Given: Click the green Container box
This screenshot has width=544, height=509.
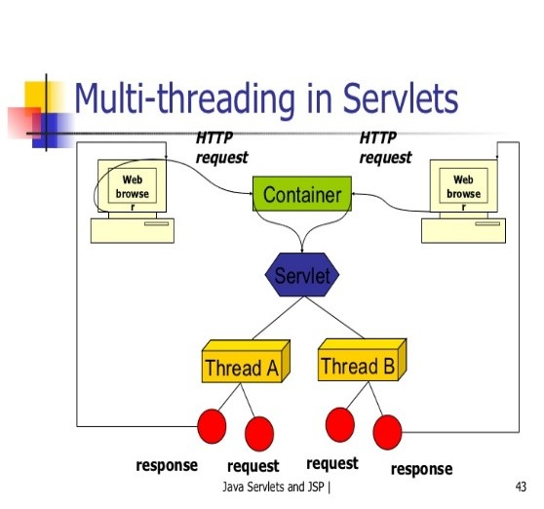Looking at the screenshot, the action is coord(302,194).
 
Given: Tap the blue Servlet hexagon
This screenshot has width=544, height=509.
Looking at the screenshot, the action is coord(302,274).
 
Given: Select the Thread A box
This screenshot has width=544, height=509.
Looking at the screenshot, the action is coord(246,361).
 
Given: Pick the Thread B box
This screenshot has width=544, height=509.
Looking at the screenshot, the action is coord(362,360).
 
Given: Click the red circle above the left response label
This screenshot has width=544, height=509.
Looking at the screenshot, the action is coord(212,426).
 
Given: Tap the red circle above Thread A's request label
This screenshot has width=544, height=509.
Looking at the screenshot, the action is coord(259,434).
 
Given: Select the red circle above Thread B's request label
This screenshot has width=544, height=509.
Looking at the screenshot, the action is coord(340,425).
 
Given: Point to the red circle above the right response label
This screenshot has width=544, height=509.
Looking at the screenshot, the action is coord(388,432).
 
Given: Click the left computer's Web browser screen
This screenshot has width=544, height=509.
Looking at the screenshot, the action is coord(133,186).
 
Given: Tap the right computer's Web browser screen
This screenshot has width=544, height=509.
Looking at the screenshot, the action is coord(463,186).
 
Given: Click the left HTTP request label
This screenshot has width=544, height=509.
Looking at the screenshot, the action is coord(221,147).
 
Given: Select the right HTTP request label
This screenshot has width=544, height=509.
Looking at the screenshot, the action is coord(385,147).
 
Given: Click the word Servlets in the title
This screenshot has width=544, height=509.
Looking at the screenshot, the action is coord(401,98).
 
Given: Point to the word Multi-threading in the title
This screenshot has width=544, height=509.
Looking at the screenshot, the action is coord(184,98).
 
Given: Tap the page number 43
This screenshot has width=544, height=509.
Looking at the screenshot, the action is coord(522,487).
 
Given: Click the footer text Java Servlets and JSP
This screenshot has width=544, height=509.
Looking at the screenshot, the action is coord(274,487).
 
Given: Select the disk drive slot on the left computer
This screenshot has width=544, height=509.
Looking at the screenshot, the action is coord(156,224).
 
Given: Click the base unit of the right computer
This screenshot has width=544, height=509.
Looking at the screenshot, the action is coord(463,231).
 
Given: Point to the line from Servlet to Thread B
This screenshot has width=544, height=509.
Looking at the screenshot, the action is coord(334,318).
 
